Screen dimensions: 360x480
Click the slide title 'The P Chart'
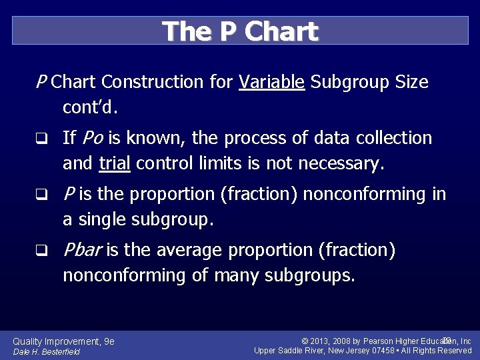pyautogui.click(x=240, y=31)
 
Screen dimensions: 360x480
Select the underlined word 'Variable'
pyautogui.click(x=272, y=83)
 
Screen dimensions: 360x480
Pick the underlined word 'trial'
pyautogui.click(x=114, y=163)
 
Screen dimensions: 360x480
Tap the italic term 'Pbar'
pyautogui.click(x=83, y=251)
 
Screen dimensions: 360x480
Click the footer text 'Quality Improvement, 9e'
pyautogui.click(x=63, y=341)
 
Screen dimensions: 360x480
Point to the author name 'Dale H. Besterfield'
pyautogui.click(x=46, y=352)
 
